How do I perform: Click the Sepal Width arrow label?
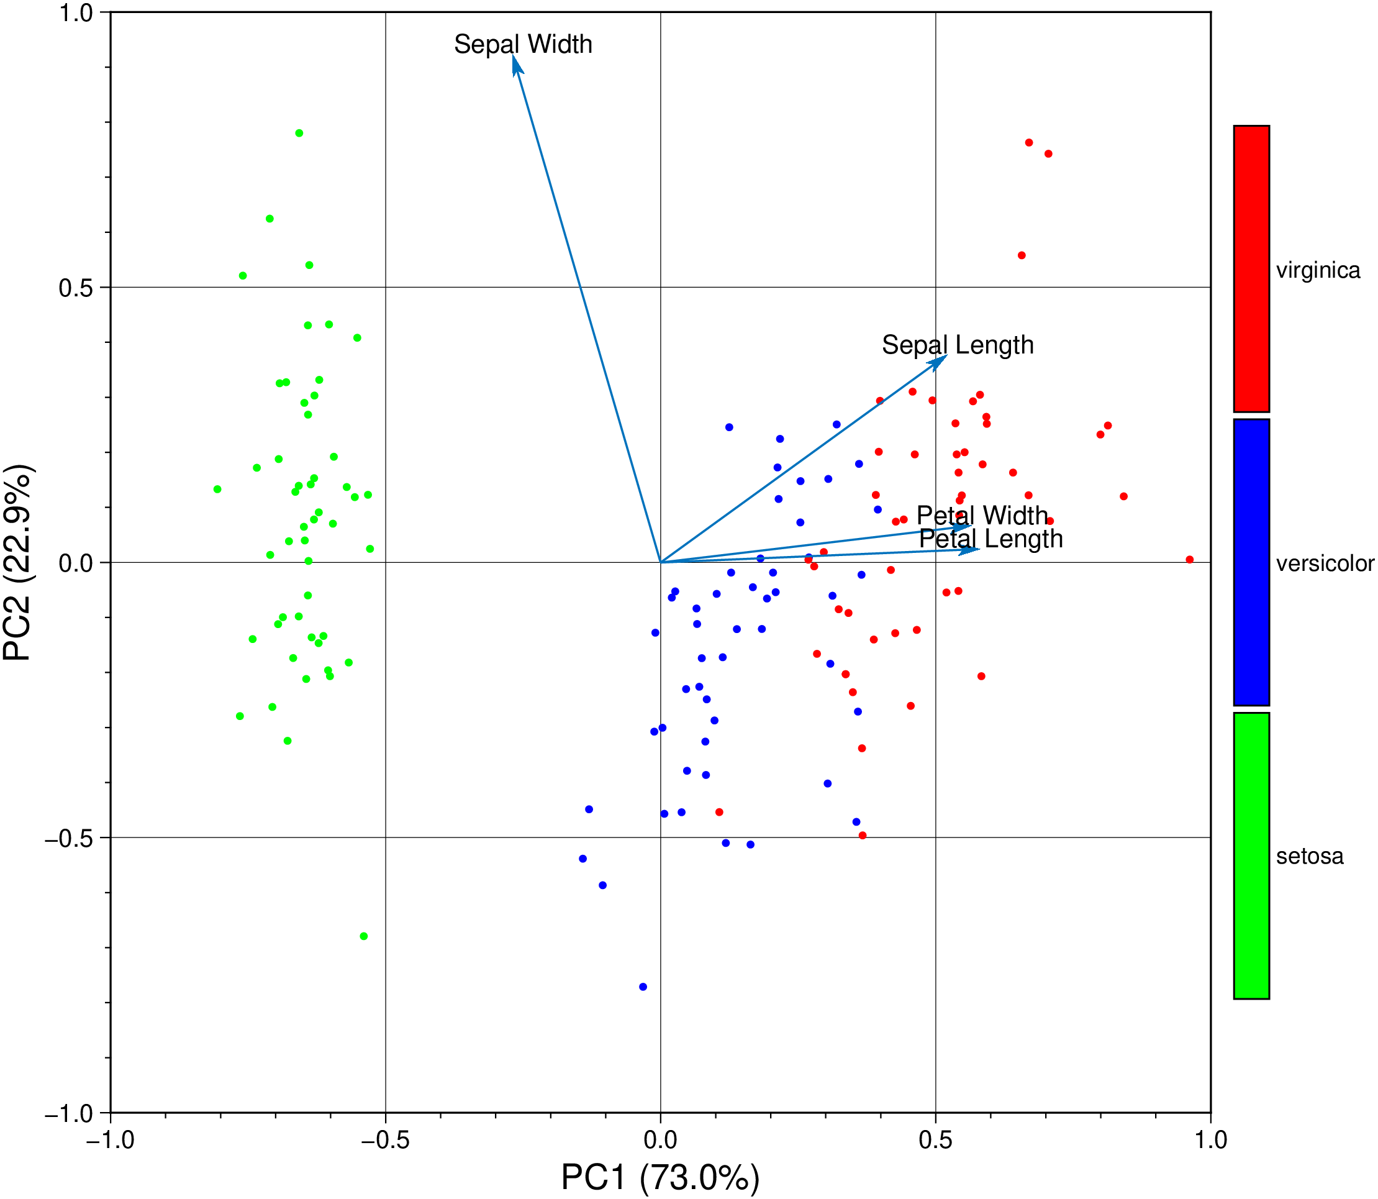(523, 45)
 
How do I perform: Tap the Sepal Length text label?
(957, 345)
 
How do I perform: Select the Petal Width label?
(981, 515)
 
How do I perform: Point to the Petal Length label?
(990, 539)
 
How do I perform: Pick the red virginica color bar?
(1251, 268)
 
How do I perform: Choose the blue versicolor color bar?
(1251, 562)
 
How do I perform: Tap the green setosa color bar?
(1251, 855)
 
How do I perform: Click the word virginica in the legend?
(1318, 270)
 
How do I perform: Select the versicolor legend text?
(1325, 563)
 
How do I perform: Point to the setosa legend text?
(1309, 857)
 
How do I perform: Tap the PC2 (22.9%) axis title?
(18, 562)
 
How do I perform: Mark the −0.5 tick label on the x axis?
(384, 1139)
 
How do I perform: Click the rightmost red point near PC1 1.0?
(1189, 559)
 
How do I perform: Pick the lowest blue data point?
(643, 987)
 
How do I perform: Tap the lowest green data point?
(363, 936)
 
